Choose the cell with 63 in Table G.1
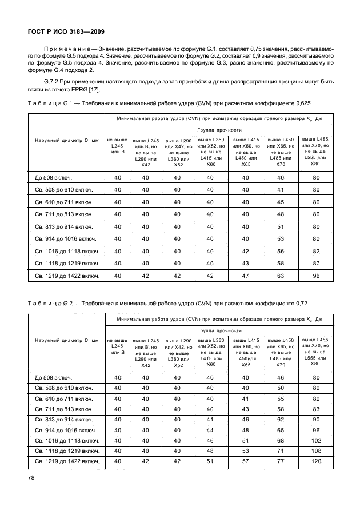pyautogui.click(x=281, y=276)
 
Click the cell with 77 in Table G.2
pyautogui.click(x=281, y=461)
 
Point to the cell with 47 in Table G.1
pyautogui.click(x=246, y=276)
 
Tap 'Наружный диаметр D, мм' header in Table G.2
pyautogui.click(x=66, y=341)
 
